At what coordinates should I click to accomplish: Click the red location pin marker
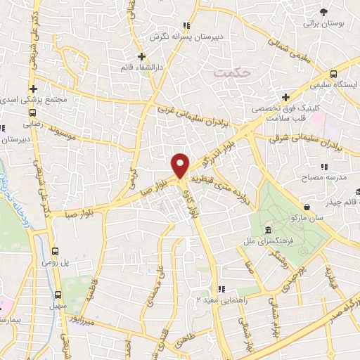click(x=181, y=165)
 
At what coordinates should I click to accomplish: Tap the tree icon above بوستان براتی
click(x=323, y=13)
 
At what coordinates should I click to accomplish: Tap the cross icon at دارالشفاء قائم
click(x=141, y=56)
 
